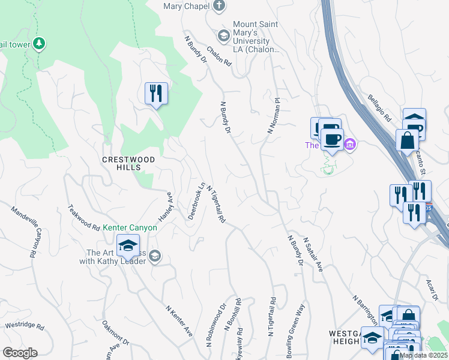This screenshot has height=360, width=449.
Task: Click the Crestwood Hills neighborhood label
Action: click(x=128, y=163)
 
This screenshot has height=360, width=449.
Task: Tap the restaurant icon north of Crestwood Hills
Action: click(x=156, y=94)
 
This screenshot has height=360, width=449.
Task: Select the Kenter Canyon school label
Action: click(x=130, y=227)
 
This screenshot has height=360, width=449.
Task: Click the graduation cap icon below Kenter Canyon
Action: click(x=128, y=247)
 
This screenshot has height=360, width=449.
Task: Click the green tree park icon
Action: click(x=39, y=43)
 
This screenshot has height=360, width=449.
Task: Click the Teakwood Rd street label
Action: click(x=83, y=218)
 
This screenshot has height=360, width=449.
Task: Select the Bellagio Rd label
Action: click(x=379, y=107)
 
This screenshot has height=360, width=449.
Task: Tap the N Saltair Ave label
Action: click(x=313, y=255)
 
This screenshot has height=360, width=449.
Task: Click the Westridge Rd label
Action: click(x=25, y=326)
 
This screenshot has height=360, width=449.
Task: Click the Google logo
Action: click(x=20, y=353)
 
